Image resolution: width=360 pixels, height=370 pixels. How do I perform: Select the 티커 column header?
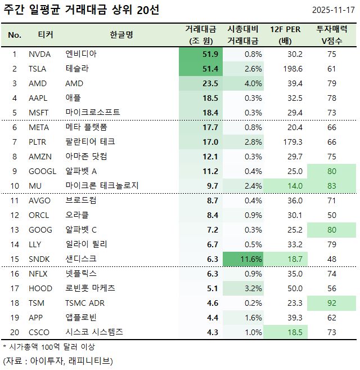[x=45, y=35]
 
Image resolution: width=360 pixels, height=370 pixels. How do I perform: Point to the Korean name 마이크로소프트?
[x=93, y=113]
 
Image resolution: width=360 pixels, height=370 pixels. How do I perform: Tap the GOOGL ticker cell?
[x=42, y=171]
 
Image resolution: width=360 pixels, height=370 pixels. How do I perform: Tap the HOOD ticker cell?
[x=40, y=288]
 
